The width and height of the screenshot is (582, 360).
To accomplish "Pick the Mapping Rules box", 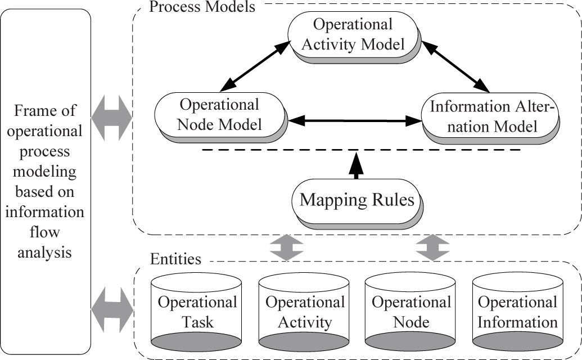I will [358, 200].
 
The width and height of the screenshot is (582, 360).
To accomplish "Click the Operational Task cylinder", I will [197, 313].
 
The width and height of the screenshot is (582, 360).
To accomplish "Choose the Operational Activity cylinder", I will [304, 313].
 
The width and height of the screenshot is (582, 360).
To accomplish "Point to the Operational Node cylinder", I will [411, 313].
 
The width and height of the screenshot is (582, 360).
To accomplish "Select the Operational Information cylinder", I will [517, 313].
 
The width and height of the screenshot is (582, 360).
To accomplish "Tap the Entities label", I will [176, 259].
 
